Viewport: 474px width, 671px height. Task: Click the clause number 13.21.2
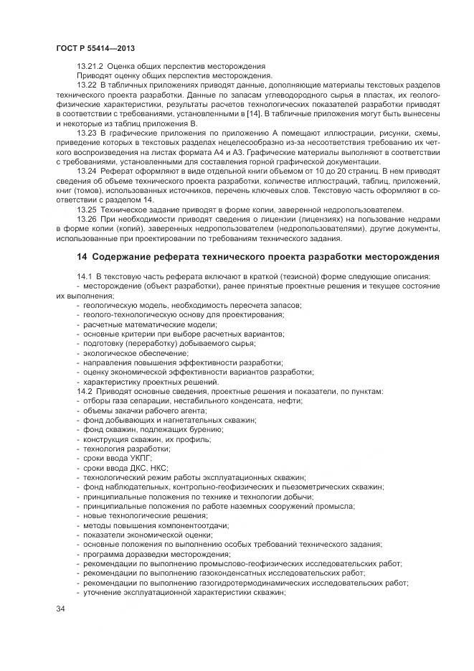tap(90, 66)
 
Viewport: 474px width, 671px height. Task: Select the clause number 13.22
tap(86, 85)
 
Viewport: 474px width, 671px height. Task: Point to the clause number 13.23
tap(86, 133)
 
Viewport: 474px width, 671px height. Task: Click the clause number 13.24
tap(86, 172)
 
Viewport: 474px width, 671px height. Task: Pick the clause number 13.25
tap(86, 210)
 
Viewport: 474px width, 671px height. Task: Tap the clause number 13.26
tap(86, 219)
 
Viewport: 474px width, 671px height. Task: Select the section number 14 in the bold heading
tap(82, 257)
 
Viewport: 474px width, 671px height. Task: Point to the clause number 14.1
tap(84, 277)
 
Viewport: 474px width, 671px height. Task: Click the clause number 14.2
tap(84, 391)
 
